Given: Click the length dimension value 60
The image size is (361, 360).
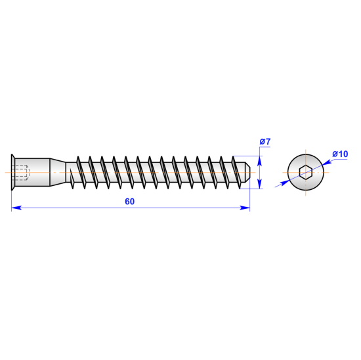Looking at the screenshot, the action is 129,202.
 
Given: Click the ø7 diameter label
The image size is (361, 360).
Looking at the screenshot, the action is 265,141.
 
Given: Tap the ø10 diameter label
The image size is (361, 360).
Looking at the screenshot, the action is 340,154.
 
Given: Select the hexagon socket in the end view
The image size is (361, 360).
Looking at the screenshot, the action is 305,172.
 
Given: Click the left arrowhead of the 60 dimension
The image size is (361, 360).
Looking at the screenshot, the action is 16,208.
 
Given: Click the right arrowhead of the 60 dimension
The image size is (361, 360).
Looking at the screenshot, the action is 245,208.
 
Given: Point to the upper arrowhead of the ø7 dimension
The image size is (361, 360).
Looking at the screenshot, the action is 260,161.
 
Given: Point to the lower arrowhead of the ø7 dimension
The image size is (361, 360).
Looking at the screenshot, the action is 260,184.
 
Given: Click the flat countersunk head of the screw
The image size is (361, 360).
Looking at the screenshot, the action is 13,172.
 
